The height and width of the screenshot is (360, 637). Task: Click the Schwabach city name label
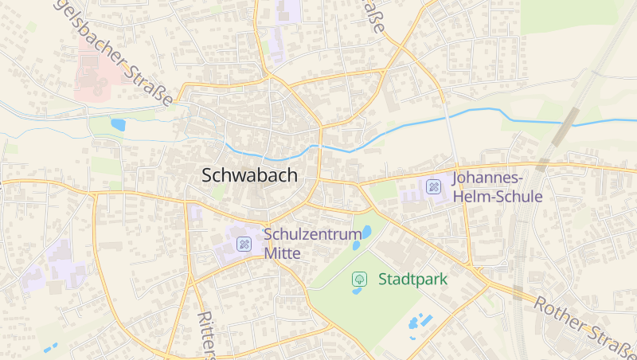tap(250, 175)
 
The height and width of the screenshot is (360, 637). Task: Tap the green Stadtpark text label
tap(412, 280)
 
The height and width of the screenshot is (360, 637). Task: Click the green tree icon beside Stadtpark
tap(359, 279)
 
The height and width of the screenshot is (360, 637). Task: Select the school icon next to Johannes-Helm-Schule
tap(434, 187)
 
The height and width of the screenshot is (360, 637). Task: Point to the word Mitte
tap(282, 253)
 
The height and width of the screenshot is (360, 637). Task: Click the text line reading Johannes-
tap(487, 178)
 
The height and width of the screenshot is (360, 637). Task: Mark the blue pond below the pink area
tap(119, 124)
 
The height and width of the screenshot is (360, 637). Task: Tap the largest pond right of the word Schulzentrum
tap(367, 233)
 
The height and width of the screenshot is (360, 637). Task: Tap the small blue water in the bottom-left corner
tap(51, 348)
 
